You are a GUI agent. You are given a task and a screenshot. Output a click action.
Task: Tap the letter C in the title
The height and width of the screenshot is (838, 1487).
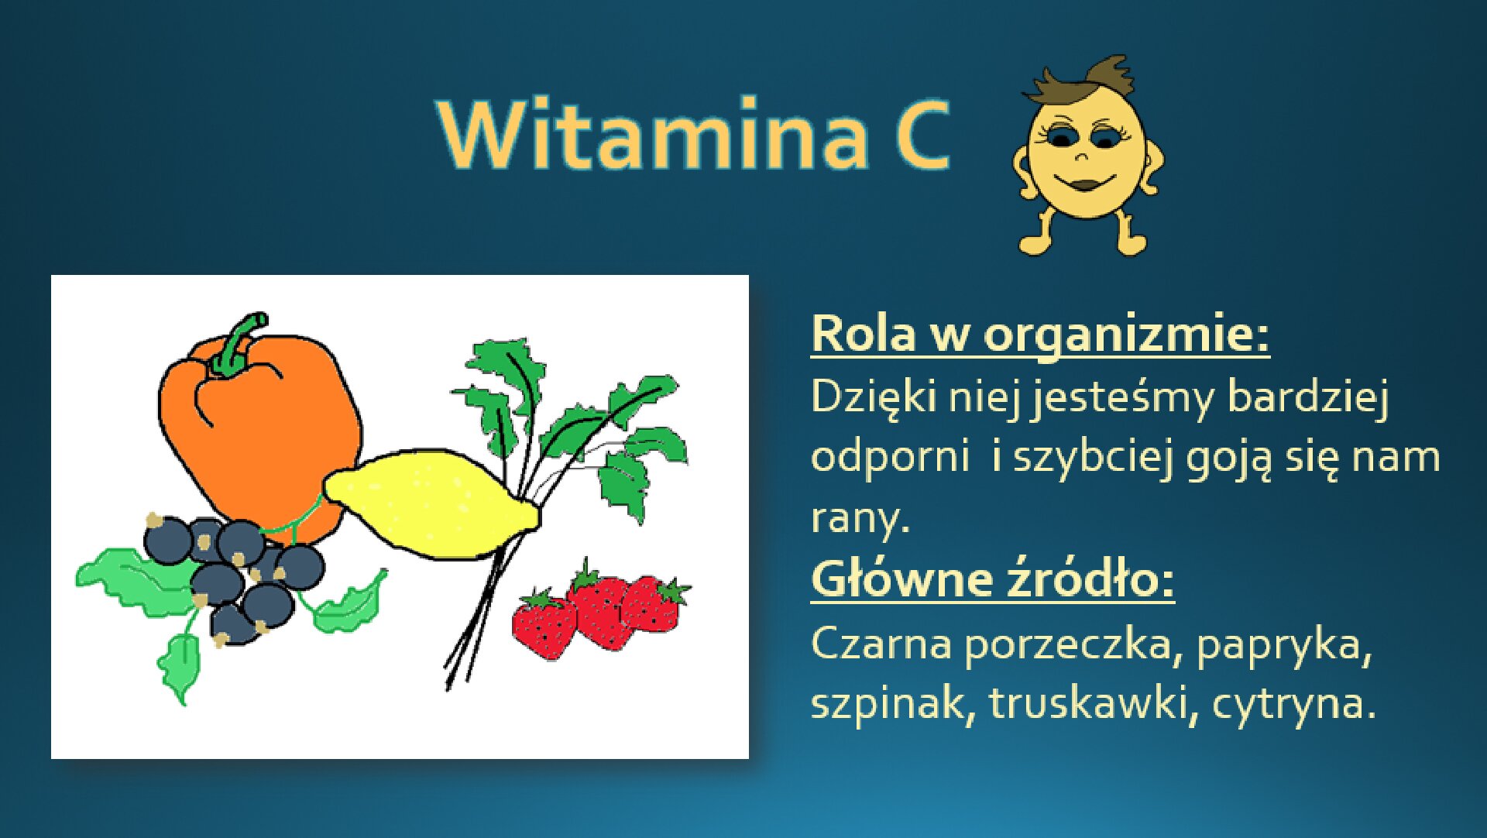click(x=922, y=135)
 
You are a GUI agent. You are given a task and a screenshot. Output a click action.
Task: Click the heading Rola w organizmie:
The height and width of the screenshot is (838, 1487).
click(x=1040, y=335)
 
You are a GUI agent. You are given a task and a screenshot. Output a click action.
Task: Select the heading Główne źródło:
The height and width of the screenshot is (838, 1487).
click(x=992, y=579)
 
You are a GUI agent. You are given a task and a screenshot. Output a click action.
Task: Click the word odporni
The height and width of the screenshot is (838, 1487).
click(x=889, y=457)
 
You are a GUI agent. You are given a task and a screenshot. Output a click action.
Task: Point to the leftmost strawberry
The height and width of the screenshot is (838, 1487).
click(x=545, y=626)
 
